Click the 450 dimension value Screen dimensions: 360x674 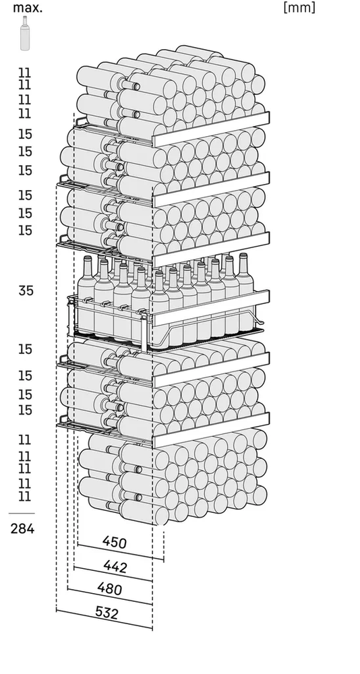[x=115, y=542]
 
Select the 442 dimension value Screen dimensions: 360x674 [x=115, y=567]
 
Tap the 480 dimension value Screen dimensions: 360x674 [x=109, y=588]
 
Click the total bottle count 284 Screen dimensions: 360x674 [x=22, y=528]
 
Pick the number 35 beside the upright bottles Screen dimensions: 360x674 [x=26, y=290]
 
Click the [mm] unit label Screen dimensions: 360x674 [x=299, y=7]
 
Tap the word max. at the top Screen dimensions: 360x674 [x=28, y=7]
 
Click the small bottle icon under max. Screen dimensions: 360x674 [x=25, y=33]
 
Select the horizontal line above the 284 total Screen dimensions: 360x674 [x=22, y=513]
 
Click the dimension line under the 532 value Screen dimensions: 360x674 [x=104, y=619]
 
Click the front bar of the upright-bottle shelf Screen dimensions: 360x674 [x=212, y=308]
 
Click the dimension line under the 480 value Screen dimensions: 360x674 [x=110, y=596]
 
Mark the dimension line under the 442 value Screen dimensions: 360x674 [x=113, y=574]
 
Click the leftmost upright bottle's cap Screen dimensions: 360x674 [x=88, y=259]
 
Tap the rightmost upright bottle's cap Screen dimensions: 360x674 [x=243, y=255]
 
